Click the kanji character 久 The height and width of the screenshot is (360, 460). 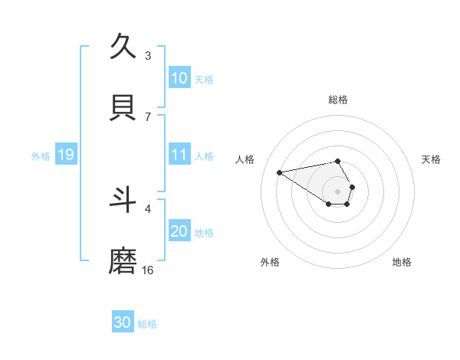pos(123,47)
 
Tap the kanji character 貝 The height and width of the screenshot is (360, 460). pos(123,109)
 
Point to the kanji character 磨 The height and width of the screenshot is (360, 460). pos(123,262)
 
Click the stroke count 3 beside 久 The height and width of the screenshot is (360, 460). pos(148,55)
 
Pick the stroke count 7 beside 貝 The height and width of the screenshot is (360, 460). pos(148,116)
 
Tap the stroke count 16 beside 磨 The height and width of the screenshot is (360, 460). pos(148,270)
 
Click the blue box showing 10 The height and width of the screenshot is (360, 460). pos(179,78)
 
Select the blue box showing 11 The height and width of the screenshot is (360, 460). pos(179,155)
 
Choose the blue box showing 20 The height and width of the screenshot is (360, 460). pos(179,231)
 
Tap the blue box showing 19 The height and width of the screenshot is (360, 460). pos(65,155)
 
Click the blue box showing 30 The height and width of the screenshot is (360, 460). pos(123,322)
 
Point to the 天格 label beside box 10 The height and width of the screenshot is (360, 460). pos(204,80)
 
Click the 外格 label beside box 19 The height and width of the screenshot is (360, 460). pos(41,156)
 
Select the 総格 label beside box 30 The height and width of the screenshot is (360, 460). pos(147,324)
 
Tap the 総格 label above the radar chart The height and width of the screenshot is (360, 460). pos(338,100)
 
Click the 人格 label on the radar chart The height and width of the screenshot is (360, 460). pos(245,159)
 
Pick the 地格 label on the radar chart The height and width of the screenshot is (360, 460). pos(402,262)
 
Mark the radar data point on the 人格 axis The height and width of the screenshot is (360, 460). pos(280,172)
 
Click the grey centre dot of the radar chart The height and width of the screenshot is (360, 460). pos(338,191)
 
